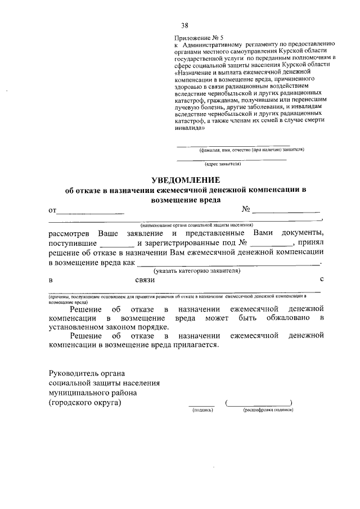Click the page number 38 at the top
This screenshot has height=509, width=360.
click(x=184, y=25)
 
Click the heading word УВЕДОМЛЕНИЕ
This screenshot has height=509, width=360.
click(x=185, y=180)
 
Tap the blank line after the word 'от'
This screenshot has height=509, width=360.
click(x=91, y=213)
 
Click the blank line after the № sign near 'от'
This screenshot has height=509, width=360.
click(x=286, y=212)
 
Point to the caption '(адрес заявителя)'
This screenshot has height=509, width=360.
click(x=223, y=164)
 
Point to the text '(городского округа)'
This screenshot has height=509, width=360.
click(x=84, y=403)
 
